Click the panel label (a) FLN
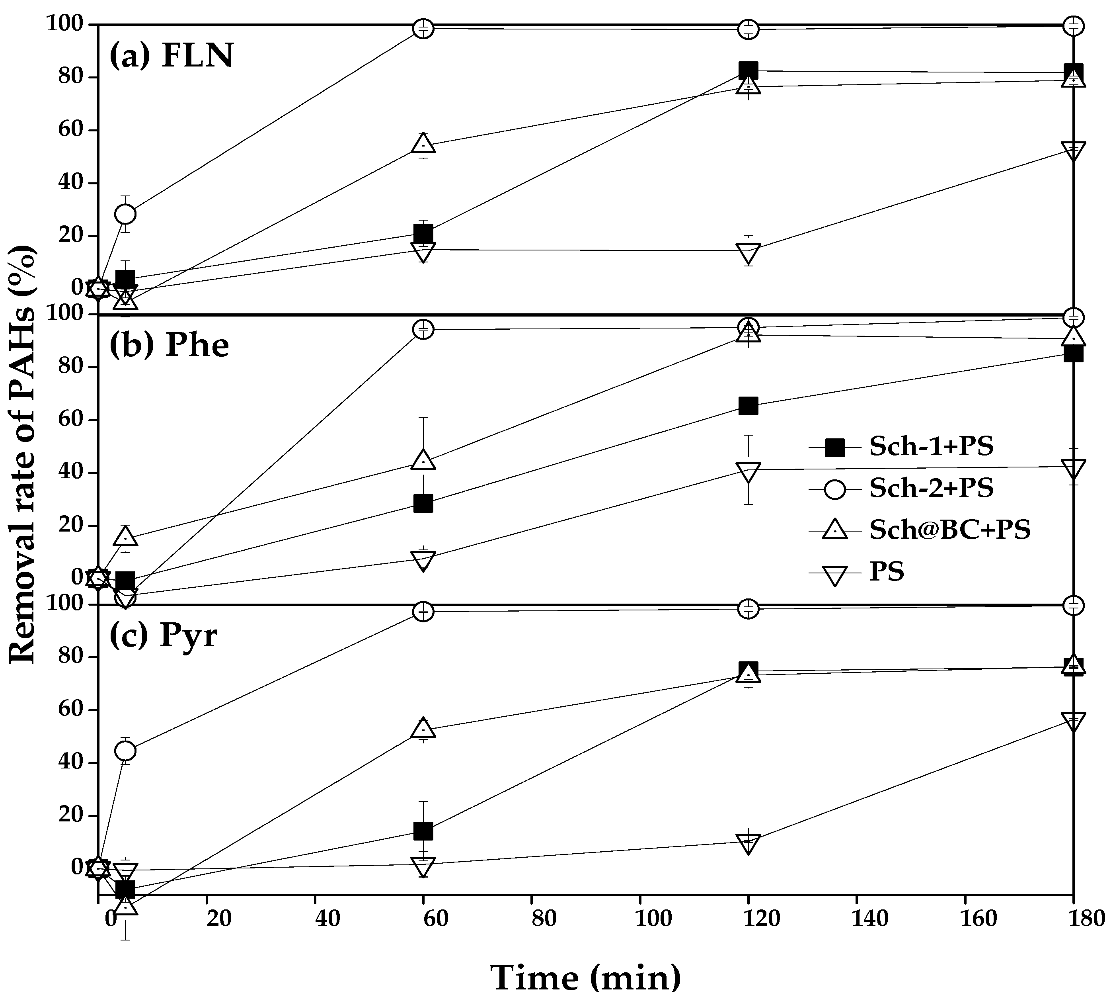pos(172,56)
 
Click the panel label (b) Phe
pos(169,345)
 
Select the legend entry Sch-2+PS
pos(931,488)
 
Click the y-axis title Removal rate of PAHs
pos(23,454)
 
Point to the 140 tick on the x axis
pos(869,919)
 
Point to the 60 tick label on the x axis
pos(435,919)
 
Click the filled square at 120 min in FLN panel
pos(748,70)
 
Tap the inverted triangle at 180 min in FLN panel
pos(1074,150)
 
